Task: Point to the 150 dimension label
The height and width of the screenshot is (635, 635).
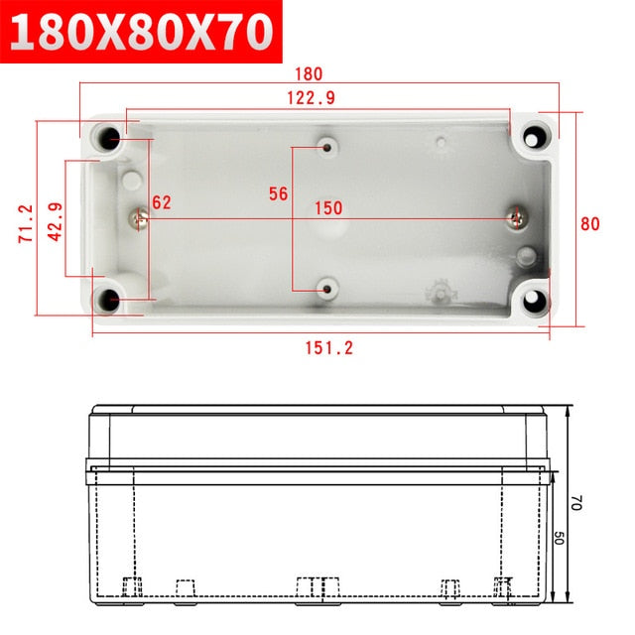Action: [x=329, y=208]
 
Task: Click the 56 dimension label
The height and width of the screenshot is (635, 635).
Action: [x=279, y=194]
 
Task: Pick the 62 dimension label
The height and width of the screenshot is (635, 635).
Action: [x=162, y=202]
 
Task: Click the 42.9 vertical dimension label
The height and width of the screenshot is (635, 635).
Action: [x=55, y=221]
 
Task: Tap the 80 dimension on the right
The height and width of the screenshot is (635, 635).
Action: [x=589, y=224]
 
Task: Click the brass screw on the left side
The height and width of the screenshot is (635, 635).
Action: [x=142, y=215]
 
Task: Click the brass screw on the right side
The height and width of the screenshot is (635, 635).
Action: [x=518, y=215]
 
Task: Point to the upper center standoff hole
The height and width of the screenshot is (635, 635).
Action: [x=327, y=149]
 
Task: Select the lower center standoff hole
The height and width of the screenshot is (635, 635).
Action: [x=327, y=288]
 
